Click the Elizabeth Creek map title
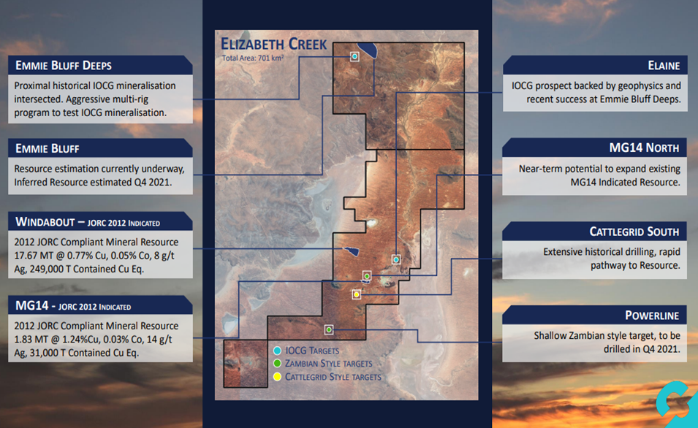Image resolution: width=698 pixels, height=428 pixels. tap(274, 44)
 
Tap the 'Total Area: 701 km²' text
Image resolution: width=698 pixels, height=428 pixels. tap(253, 58)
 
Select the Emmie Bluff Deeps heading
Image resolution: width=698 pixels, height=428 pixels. tap(64, 66)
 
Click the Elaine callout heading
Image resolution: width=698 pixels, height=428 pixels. tap(664, 66)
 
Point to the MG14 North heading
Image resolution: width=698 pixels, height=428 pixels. tap(644, 148)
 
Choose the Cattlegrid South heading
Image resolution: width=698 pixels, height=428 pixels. tap(634, 232)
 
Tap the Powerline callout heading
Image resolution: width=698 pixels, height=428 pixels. tap(652, 316)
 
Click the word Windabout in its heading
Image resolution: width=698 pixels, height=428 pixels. tap(45, 222)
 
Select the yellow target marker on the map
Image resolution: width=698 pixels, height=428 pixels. tap(357, 294)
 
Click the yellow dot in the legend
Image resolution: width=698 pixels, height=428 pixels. tap(277, 377)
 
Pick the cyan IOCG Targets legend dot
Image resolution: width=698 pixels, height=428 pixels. tap(277, 351)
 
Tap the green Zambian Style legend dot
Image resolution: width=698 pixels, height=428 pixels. tap(277, 364)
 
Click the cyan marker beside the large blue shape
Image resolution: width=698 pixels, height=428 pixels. tap(354, 56)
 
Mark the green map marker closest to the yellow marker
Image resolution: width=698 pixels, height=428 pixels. tap(367, 276)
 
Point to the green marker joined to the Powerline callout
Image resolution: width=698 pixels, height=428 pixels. tap(329, 329)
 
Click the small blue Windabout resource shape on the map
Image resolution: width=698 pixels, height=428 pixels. tap(351, 251)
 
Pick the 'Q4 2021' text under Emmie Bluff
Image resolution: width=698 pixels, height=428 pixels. tap(152, 182)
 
